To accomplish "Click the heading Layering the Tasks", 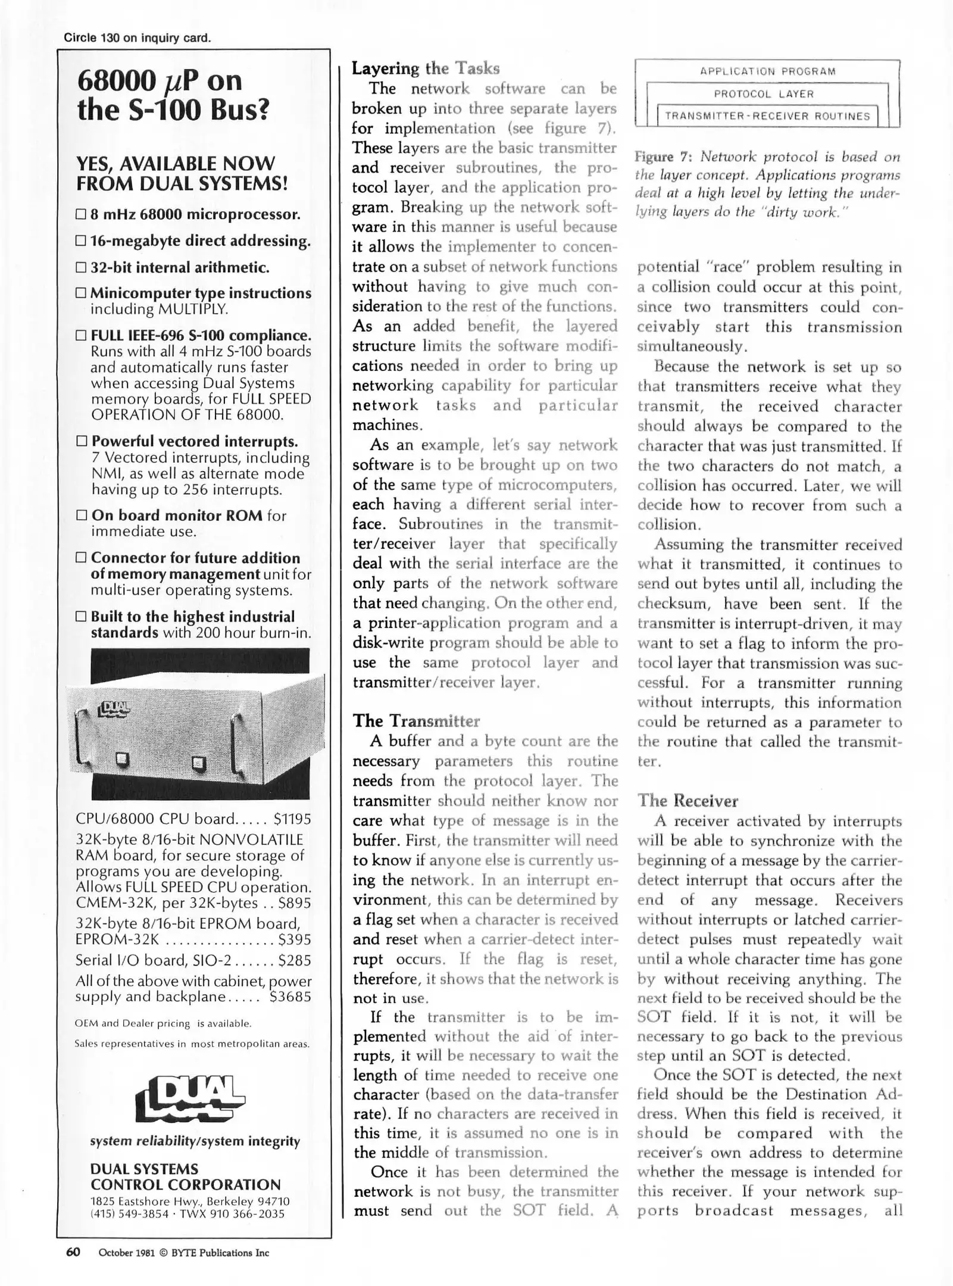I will pos(425,68).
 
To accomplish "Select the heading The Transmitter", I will pos(415,721).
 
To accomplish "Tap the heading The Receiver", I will pos(688,800).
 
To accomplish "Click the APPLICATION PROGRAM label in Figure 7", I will pos(767,71).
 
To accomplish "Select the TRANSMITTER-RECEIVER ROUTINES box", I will pos(767,116).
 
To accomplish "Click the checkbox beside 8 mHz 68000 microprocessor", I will pos(82,214).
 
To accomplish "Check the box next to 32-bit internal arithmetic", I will pos(82,267).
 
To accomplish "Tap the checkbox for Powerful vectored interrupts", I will pos(82,442).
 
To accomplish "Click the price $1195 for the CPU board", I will pos(292,819).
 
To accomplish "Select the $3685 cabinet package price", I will pos(290,997).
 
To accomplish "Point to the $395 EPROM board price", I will pos(294,939).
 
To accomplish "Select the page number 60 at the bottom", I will pos(73,1252).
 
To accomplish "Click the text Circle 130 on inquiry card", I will pos(138,38).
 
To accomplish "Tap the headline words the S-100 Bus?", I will pos(173,110).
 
